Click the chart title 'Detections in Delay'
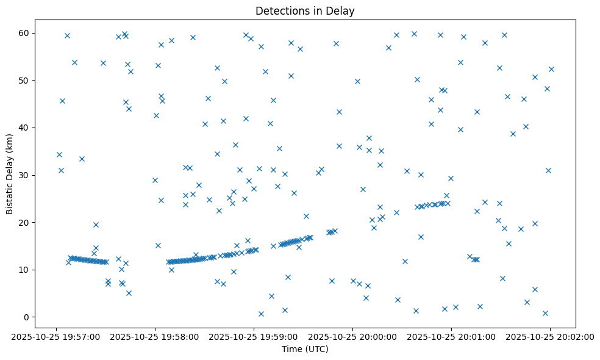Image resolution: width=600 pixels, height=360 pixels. [305, 11]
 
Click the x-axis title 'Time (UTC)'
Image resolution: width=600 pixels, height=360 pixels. [305, 349]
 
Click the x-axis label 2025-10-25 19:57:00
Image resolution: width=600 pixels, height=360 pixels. [56, 336]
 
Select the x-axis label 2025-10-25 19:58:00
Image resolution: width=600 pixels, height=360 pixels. [155, 336]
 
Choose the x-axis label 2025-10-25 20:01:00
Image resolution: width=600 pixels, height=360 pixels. [451, 336]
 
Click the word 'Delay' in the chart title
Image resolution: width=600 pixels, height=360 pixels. [342, 11]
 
